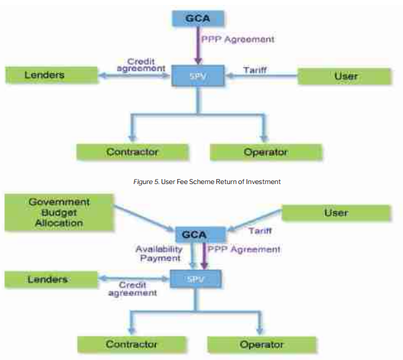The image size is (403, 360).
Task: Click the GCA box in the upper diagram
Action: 197,18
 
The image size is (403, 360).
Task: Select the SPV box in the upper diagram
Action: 198,76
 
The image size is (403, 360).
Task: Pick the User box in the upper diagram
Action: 345,76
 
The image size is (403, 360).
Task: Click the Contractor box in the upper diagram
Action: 132,151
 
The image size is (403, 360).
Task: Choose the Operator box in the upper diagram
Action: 265,152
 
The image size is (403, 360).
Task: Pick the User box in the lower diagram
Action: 335,213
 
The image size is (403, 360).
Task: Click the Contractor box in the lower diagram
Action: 131,344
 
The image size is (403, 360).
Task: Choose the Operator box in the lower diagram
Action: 262,344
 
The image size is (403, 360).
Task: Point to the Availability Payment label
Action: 159,253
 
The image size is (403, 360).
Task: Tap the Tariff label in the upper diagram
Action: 254,70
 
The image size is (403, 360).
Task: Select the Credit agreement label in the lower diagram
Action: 131,289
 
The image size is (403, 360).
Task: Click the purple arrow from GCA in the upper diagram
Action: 198,45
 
